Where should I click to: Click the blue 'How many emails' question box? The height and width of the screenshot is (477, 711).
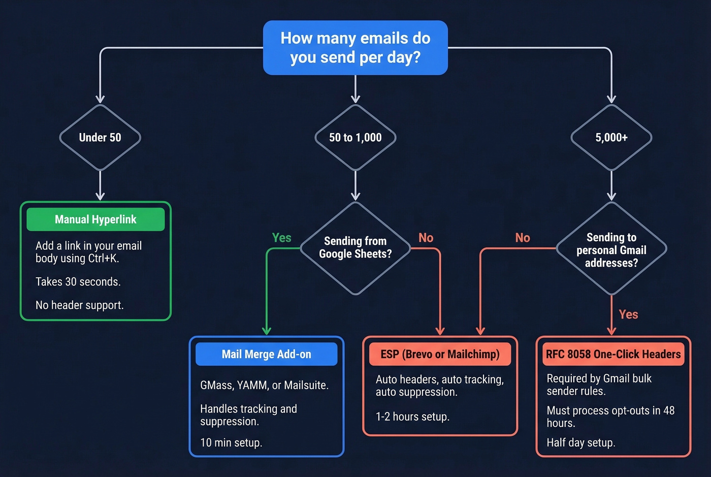[x=355, y=48]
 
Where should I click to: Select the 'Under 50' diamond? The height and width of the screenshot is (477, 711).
[x=100, y=138]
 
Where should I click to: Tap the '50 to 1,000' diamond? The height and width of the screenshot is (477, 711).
[x=355, y=138]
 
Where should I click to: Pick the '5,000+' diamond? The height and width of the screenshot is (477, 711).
[x=611, y=138]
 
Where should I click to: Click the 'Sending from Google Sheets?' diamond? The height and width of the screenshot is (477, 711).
[x=355, y=248]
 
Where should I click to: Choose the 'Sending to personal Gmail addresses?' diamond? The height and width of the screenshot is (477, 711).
[x=611, y=249]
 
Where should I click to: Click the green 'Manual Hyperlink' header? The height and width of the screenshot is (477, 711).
[x=95, y=219]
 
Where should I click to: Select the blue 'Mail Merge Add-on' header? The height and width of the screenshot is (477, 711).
[x=266, y=354]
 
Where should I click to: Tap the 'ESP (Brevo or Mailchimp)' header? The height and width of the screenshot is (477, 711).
[x=440, y=354]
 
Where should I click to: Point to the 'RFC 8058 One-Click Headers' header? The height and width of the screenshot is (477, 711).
[x=613, y=354]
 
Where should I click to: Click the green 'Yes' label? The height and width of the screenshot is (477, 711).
[x=281, y=238]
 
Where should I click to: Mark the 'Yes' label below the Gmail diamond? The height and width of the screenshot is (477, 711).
[x=628, y=314]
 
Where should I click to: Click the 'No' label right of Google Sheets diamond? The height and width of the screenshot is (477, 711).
[x=426, y=238]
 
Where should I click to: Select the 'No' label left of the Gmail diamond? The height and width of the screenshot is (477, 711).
[x=522, y=238]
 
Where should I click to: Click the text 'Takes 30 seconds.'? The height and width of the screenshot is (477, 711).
[x=78, y=282]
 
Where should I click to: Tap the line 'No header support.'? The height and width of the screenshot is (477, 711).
[x=79, y=305]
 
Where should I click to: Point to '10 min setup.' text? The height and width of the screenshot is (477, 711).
[x=231, y=443]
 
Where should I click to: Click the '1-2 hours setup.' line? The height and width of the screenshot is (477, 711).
[x=412, y=417]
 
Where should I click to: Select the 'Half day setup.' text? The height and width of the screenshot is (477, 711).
[x=580, y=443]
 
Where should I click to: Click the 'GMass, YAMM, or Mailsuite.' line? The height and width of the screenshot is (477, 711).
[x=264, y=386]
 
